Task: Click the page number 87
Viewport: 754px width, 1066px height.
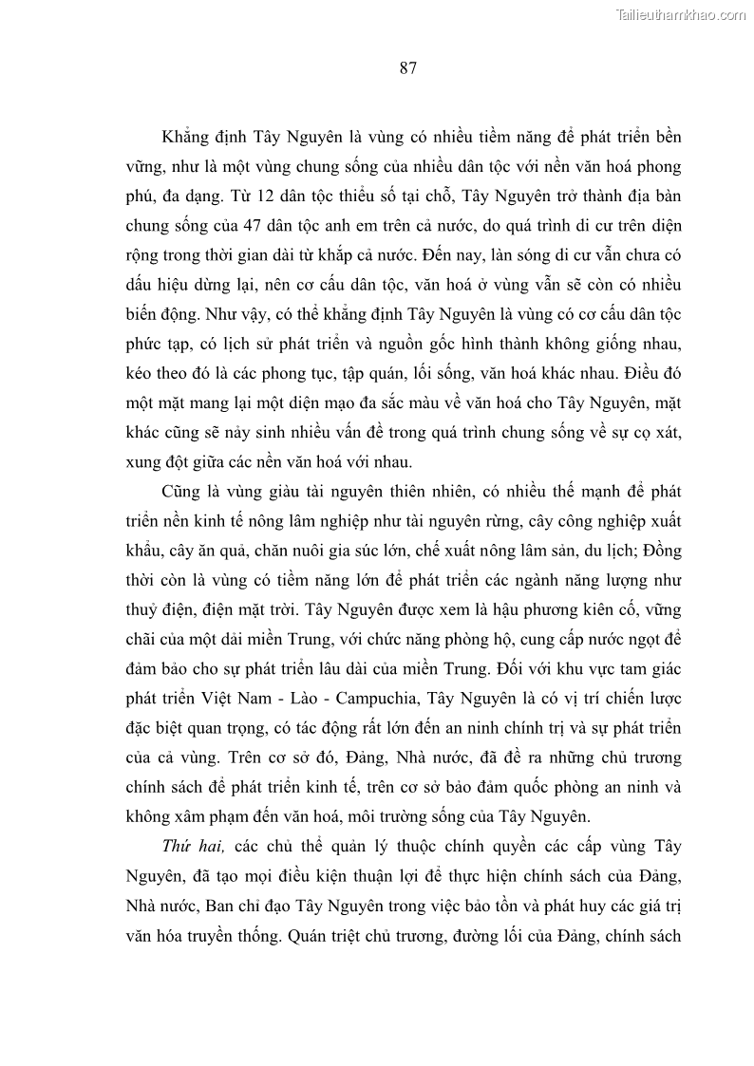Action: [x=409, y=67]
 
